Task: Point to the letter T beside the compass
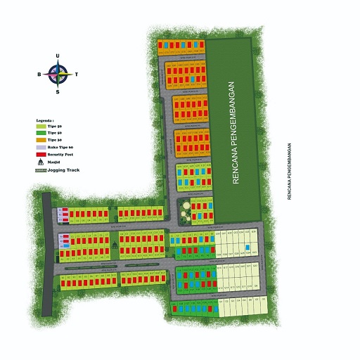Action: (x=76, y=74)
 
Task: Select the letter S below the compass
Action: (x=58, y=91)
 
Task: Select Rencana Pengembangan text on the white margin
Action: (x=289, y=172)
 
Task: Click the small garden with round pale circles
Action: (x=186, y=208)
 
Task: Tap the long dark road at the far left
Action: (x=47, y=253)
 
